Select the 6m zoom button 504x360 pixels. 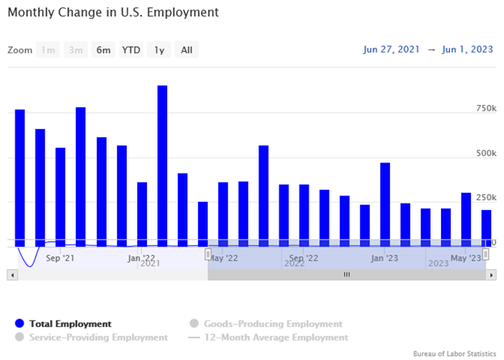pos(103,50)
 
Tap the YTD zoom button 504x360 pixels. pos(131,50)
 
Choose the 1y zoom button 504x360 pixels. pos(159,50)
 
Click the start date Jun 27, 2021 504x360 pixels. pos(392,49)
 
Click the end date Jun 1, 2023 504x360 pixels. pos(468,49)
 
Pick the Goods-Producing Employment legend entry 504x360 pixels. pos(266,324)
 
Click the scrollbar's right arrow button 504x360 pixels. pos(490,274)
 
